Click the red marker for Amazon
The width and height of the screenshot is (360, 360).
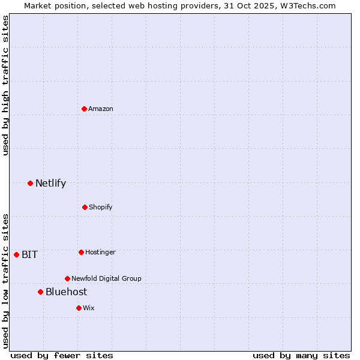[x=85, y=109]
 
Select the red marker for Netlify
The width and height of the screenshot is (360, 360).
[x=30, y=183]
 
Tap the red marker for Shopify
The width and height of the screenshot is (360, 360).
[x=85, y=207]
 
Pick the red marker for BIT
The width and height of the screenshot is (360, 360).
[x=16, y=254]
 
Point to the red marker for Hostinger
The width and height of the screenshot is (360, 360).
[x=81, y=252]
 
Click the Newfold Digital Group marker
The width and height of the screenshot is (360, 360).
[x=67, y=278]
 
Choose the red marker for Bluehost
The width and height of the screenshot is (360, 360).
[x=40, y=292]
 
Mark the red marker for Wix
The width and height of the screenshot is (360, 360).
[x=79, y=308]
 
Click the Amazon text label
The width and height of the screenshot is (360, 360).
[x=101, y=109]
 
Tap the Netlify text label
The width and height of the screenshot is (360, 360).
[x=50, y=183]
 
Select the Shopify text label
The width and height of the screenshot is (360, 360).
[x=101, y=207]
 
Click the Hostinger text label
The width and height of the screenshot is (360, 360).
[x=100, y=252]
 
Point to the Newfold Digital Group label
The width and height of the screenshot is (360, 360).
[x=106, y=278]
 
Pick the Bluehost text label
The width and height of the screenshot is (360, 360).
[x=66, y=292]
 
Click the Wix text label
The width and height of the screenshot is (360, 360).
[x=89, y=308]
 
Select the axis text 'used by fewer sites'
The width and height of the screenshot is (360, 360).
[x=62, y=355]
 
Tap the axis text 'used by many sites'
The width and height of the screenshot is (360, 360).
[x=301, y=355]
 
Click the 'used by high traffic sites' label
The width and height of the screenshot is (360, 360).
[x=5, y=85]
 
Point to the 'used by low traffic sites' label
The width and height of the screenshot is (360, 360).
[x=5, y=281]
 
